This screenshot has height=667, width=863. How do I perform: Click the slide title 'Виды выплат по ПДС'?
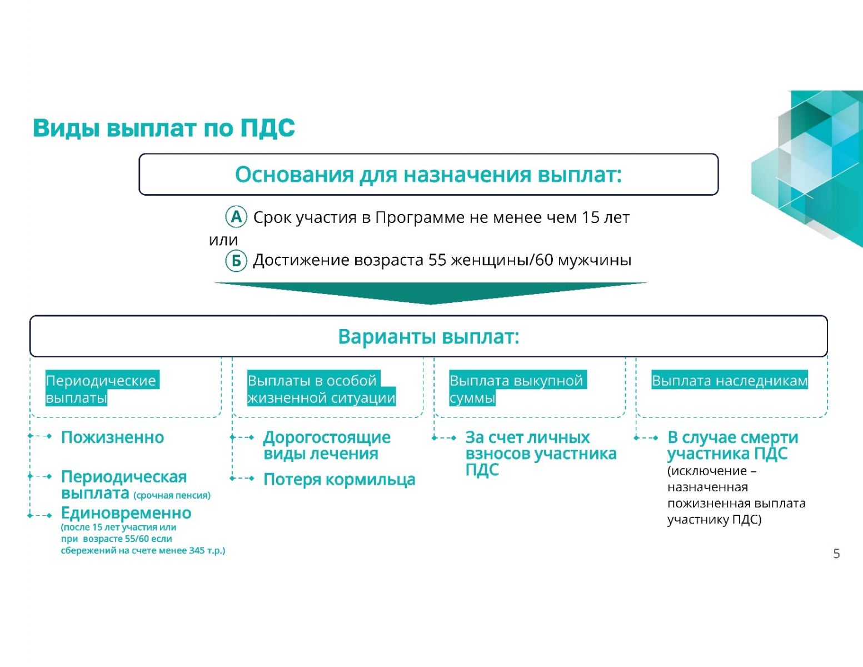point(163,128)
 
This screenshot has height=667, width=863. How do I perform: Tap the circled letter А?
point(236,217)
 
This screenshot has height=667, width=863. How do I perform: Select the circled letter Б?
point(236,261)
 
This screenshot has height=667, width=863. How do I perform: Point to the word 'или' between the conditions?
point(223,240)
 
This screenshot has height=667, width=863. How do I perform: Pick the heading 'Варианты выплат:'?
point(428,336)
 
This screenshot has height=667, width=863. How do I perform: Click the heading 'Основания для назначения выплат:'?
point(428,175)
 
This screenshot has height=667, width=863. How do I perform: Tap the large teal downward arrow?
point(431,293)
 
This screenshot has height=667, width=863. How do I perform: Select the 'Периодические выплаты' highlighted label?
point(102,389)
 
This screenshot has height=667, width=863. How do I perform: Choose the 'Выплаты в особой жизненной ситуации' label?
point(321,389)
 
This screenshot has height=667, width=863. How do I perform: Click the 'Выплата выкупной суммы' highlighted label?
point(518,389)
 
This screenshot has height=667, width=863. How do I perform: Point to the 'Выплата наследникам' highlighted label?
point(730,380)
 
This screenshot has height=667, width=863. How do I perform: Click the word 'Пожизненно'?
point(112,437)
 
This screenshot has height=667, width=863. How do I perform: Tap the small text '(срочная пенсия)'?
point(172,495)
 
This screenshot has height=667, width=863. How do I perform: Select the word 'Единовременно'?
point(126,513)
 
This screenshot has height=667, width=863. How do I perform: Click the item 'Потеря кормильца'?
point(339,480)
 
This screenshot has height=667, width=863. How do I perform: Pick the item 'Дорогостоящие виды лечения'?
point(327,445)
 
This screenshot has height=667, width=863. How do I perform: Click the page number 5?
point(836,554)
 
